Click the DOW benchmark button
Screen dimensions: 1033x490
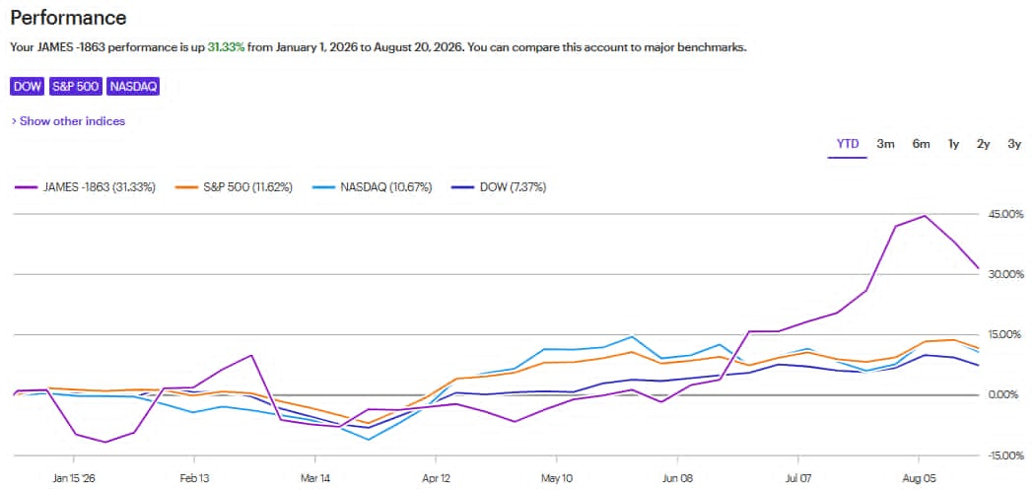coord(27,87)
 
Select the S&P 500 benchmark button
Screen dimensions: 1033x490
coord(76,87)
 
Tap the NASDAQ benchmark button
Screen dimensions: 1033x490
coord(134,87)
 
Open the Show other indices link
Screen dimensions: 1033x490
coord(69,121)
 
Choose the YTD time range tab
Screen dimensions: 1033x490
coord(848,144)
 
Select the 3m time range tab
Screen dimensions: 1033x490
coord(885,144)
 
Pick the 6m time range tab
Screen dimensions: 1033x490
coord(921,144)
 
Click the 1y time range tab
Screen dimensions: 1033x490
coord(953,144)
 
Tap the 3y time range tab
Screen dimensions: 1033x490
coord(1014,144)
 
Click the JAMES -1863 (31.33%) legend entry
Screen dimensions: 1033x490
coord(85,187)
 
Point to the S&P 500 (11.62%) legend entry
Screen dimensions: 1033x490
coord(234,187)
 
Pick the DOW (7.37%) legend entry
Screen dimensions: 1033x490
coord(498,187)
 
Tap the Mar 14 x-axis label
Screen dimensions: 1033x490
coord(314,478)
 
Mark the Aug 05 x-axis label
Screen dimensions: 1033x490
coord(919,478)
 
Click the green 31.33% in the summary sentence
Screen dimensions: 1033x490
coord(226,47)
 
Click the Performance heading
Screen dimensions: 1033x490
coord(68,17)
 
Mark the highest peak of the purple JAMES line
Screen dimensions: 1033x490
coord(925,215)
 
